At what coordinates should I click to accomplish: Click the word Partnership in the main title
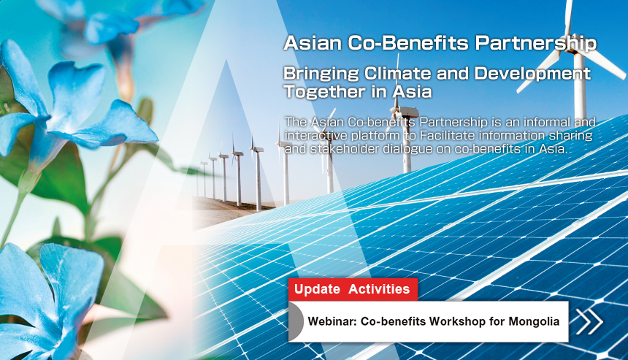535,43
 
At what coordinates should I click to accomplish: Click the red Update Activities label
353,289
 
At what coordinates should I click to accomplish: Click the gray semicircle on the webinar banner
296,321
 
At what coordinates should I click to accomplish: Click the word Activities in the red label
379,289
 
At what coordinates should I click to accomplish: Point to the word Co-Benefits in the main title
407,43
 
